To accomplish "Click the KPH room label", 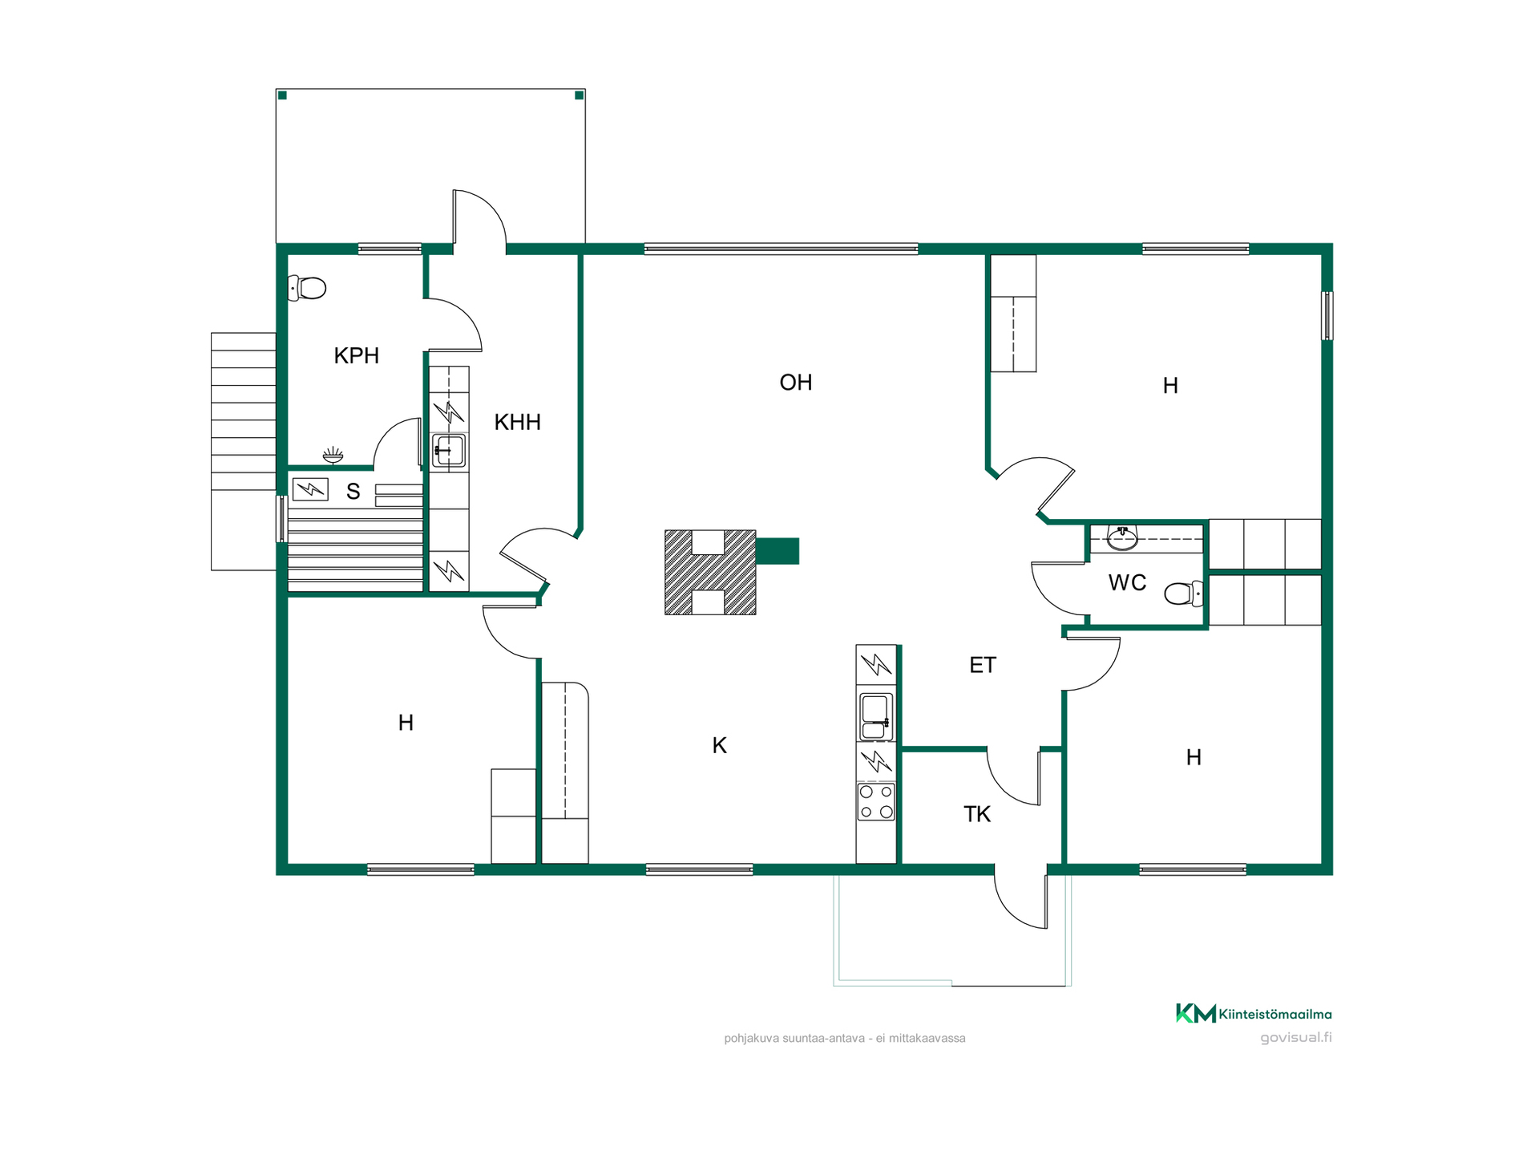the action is pyautogui.click(x=356, y=355).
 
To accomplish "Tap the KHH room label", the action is pyautogui.click(x=517, y=422).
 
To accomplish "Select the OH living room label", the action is pyautogui.click(x=796, y=383).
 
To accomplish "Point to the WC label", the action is pyautogui.click(x=1127, y=583).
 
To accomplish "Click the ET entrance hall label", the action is pyautogui.click(x=983, y=665).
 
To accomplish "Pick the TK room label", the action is pyautogui.click(x=977, y=814).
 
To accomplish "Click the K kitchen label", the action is pyautogui.click(x=720, y=746).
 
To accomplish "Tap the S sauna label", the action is pyautogui.click(x=353, y=492).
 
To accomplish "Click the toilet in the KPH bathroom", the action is pyautogui.click(x=307, y=287).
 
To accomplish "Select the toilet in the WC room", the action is pyautogui.click(x=1184, y=594).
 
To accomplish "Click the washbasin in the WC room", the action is pyautogui.click(x=1122, y=537).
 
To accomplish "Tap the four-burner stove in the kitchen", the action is pyautogui.click(x=876, y=802).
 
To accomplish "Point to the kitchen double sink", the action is pyautogui.click(x=875, y=717).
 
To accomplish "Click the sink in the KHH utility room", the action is pyautogui.click(x=449, y=451).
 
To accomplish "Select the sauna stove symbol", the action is pyautogui.click(x=310, y=488).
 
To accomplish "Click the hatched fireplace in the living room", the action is pyautogui.click(x=710, y=573).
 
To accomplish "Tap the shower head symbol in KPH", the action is pyautogui.click(x=333, y=456).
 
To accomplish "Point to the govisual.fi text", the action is pyautogui.click(x=1296, y=1037).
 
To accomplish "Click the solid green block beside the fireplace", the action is pyautogui.click(x=778, y=551).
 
